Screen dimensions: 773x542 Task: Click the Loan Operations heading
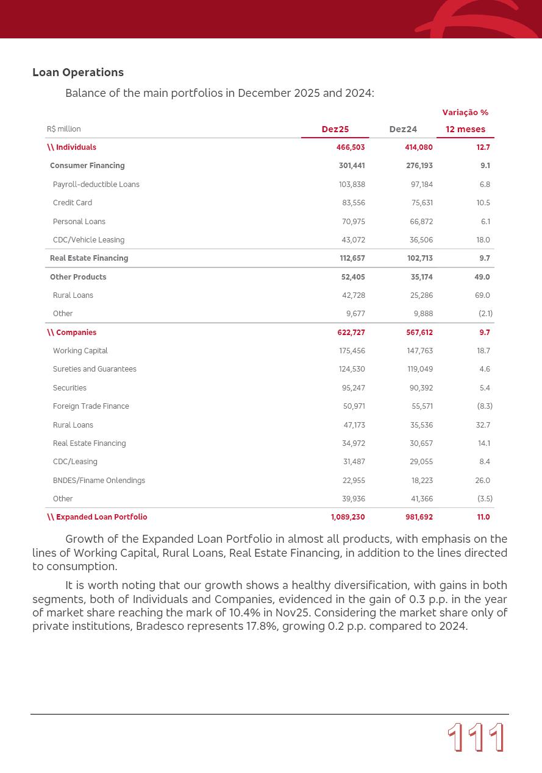pos(78,72)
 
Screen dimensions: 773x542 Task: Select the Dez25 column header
pos(335,129)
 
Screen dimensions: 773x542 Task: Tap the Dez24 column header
pos(403,129)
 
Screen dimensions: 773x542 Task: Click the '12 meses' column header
pos(465,129)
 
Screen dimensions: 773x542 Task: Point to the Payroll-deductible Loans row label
pos(96,185)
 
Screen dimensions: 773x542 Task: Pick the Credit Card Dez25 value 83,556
pos(353,203)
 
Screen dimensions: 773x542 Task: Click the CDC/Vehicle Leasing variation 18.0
pos(483,240)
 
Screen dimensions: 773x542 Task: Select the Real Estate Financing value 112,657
pos(352,258)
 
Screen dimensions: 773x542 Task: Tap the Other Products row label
pos(78,277)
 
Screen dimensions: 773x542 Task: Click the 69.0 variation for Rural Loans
pos(482,295)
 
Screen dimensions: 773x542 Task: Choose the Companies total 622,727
pos(351,333)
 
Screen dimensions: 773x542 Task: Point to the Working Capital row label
pos(80,351)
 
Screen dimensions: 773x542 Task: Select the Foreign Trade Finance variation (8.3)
pos(485,406)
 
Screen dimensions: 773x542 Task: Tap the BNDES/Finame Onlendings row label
pos(99,481)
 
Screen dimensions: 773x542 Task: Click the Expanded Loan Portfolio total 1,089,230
pos(348,517)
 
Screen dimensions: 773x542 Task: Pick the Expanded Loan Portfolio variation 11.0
pos(483,517)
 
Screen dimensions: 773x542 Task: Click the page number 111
pos(476,738)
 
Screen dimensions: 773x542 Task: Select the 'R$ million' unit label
pos(63,129)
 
